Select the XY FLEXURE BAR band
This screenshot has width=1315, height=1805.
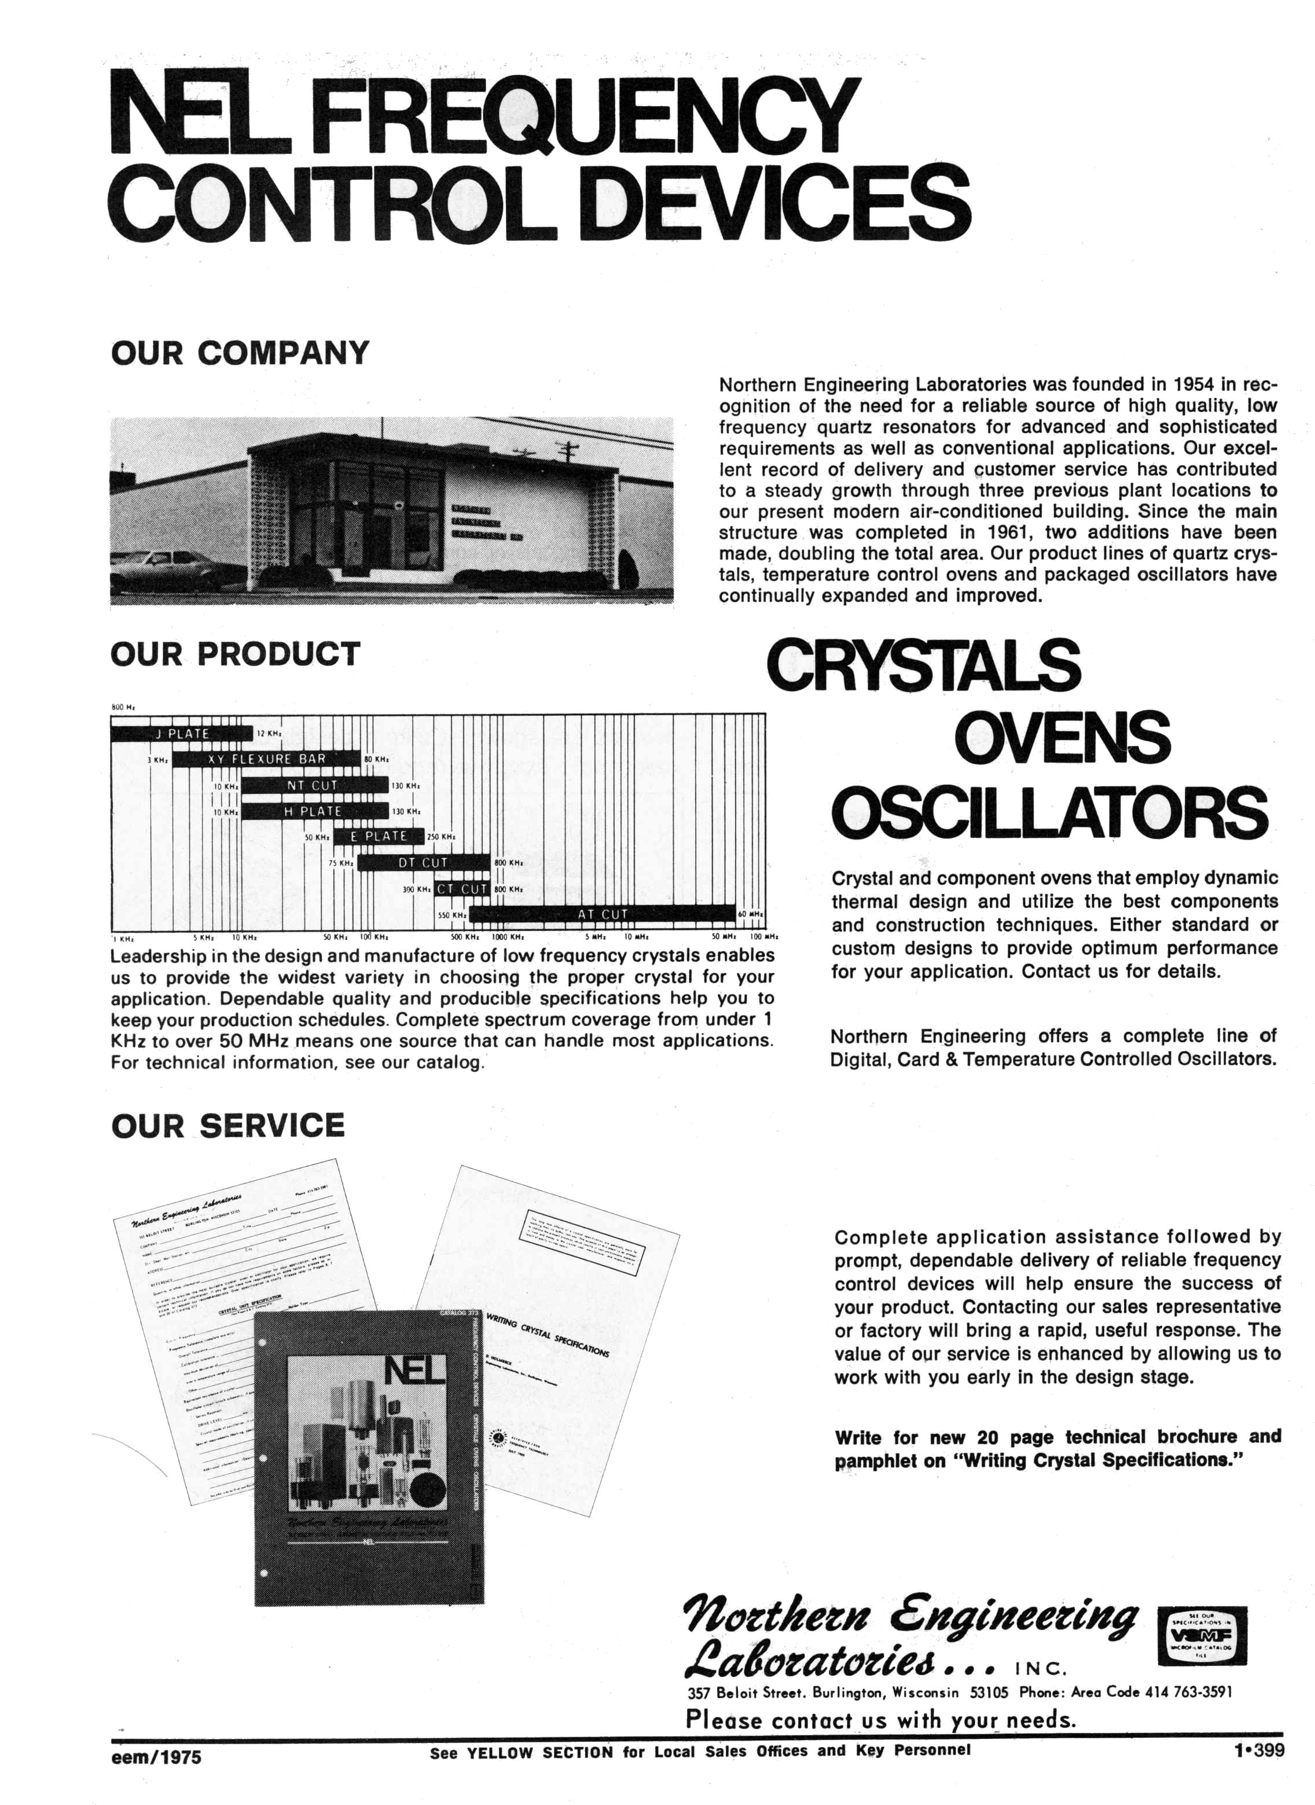pyautogui.click(x=267, y=759)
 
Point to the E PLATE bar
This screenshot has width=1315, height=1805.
pyautogui.click(x=378, y=836)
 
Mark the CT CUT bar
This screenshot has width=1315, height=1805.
pyautogui.click(x=462, y=888)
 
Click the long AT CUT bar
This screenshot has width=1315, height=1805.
pyautogui.click(x=602, y=914)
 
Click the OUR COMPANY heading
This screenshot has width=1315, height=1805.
pyautogui.click(x=240, y=353)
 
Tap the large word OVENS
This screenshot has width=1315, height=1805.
pyautogui.click(x=1062, y=737)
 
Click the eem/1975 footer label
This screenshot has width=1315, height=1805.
pyautogui.click(x=157, y=1756)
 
